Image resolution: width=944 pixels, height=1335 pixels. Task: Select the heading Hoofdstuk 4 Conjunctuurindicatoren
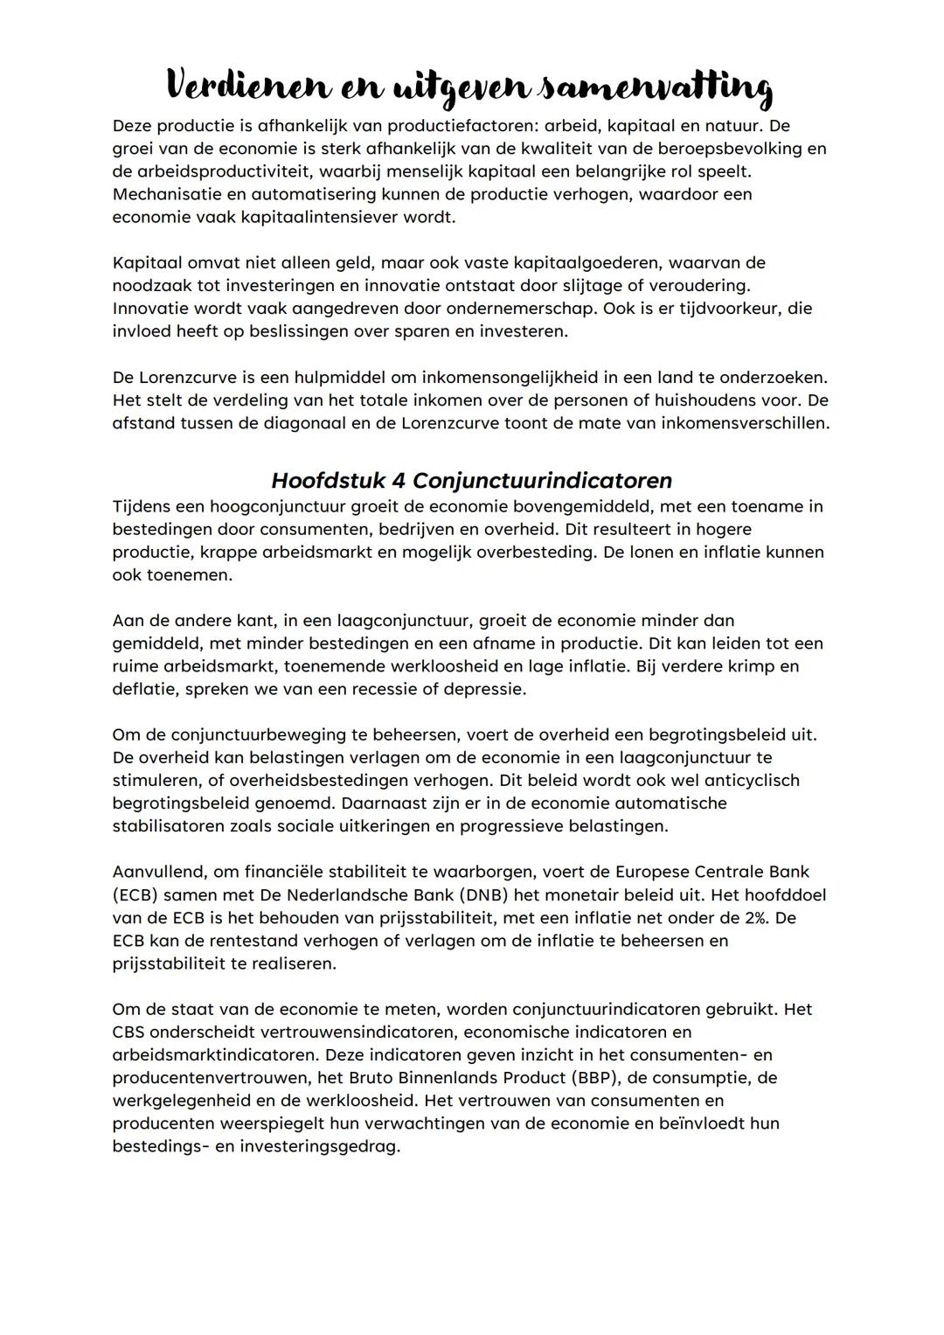471,481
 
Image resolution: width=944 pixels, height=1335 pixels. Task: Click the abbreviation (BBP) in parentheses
591,1078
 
